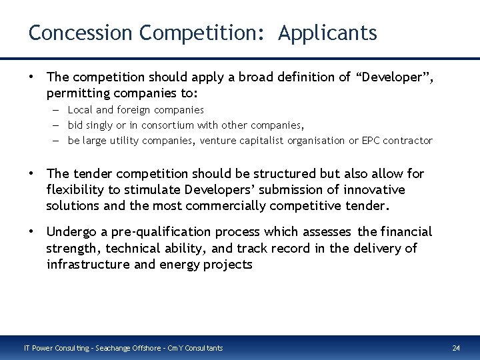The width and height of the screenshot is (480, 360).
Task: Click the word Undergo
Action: pyautogui.click(x=71, y=232)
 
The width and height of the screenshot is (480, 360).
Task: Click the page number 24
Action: pyautogui.click(x=456, y=348)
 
